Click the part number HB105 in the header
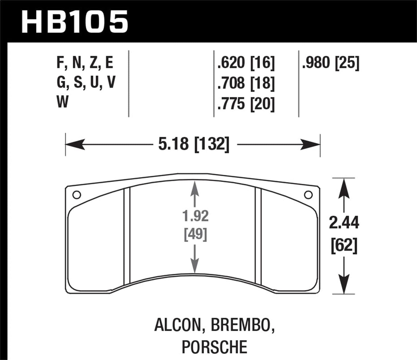tap(74, 22)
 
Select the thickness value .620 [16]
tap(246, 63)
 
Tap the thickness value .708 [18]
tap(246, 83)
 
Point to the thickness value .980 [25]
tap(330, 63)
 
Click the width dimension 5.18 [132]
tap(194, 144)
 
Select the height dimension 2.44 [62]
tap(344, 234)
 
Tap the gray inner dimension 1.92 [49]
tap(195, 226)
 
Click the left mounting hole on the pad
tap(76, 195)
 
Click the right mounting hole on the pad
tap(308, 195)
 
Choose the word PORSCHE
tap(214, 346)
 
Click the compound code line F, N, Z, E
tap(85, 63)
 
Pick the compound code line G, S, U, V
tap(86, 82)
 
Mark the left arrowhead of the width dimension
tap(74, 144)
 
